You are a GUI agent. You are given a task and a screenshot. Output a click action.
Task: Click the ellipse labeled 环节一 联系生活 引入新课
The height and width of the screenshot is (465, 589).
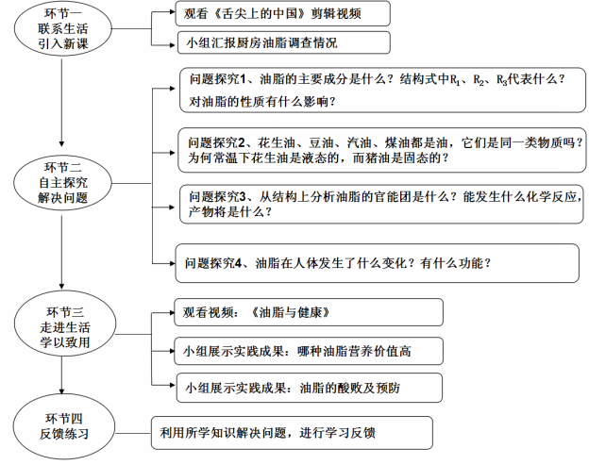coord(62,28)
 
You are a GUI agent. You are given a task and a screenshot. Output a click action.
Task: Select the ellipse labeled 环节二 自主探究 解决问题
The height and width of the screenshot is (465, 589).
coord(62,183)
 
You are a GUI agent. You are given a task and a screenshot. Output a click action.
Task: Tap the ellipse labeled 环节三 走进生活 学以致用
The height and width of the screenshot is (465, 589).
coord(65,324)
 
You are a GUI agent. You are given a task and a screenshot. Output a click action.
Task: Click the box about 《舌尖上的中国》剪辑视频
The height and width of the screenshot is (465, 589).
coord(283,13)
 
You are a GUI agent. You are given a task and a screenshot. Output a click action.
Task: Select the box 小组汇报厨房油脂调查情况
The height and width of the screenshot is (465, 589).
coord(283,42)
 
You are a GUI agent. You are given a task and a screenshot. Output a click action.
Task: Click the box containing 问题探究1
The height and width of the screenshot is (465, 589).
coord(382,90)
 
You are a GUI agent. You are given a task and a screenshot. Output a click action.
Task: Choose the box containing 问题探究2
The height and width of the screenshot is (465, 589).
coord(381,150)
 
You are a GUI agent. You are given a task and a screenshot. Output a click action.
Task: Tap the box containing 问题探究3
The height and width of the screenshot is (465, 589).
coord(381,204)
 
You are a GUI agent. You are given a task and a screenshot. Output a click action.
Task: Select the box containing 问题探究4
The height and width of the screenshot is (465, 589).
coord(378,263)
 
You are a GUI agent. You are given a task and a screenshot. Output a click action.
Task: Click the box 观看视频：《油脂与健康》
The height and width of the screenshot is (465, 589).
coord(309,312)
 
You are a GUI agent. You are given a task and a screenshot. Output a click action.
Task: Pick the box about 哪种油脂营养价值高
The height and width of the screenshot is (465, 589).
coord(309,351)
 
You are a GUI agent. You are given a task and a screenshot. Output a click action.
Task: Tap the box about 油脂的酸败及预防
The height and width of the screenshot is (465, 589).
coord(310,388)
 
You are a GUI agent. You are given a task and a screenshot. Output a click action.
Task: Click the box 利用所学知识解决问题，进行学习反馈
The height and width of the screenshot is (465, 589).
coord(292,433)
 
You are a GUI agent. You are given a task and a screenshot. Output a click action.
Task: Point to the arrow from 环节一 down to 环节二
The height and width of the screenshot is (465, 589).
coord(61,102)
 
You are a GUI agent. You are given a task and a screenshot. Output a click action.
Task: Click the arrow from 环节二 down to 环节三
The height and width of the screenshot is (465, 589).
coord(61,250)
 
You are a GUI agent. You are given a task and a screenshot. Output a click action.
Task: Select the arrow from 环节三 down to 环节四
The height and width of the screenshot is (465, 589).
coord(61,374)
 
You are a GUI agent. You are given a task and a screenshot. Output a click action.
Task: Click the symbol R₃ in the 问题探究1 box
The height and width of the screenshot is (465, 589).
coord(502,80)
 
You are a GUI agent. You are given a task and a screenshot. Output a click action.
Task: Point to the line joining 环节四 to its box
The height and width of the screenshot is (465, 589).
coord(132,433)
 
